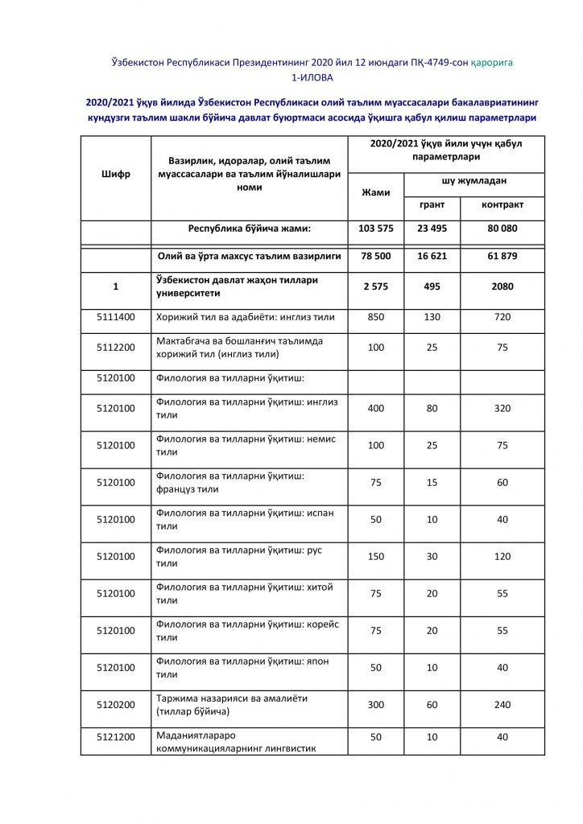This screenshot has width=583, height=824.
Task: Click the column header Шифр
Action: [x=115, y=173]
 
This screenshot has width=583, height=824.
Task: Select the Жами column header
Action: [x=375, y=193]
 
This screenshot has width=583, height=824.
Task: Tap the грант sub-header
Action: [x=432, y=205]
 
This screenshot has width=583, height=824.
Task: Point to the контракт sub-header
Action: [x=502, y=205]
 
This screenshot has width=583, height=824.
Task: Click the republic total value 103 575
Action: [x=375, y=229]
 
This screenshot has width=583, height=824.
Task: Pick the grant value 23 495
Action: [x=432, y=229]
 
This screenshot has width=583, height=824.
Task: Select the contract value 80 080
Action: [x=502, y=229]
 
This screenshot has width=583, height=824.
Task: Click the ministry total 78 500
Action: [x=375, y=257]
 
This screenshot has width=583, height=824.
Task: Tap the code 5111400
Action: [x=115, y=317]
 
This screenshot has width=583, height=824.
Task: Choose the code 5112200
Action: [x=115, y=348]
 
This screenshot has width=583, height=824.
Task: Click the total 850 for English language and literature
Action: [x=375, y=317]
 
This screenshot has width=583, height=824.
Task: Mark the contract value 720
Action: [x=502, y=317]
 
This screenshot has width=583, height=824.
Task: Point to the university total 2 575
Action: [x=375, y=286]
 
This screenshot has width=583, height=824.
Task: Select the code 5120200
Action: [x=115, y=705]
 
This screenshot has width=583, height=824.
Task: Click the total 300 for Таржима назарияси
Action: [x=375, y=705]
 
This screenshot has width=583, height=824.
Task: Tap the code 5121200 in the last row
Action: [x=115, y=736]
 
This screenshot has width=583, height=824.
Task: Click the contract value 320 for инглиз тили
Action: [x=502, y=409]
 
